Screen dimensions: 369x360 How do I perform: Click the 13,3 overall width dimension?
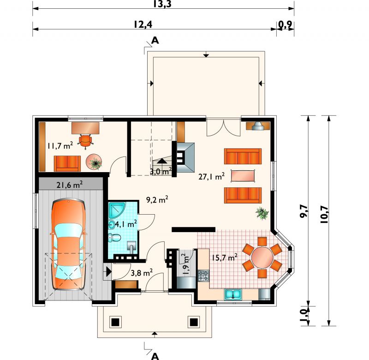pyautogui.click(x=162, y=4)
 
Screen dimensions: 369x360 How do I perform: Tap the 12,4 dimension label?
pyautogui.click(x=143, y=24)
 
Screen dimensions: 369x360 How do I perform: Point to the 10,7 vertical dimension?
pyautogui.click(x=324, y=214)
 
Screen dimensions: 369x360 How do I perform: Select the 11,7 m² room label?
pyautogui.click(x=60, y=146)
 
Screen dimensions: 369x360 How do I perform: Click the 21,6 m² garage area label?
pyautogui.click(x=70, y=185)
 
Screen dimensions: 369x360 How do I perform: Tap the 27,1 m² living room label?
pyautogui.click(x=211, y=176)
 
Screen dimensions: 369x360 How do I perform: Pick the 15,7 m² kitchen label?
pyautogui.click(x=224, y=258)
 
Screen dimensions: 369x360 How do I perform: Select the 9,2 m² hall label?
pyautogui.click(x=157, y=200)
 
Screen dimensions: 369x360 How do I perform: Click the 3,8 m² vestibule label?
pyautogui.click(x=142, y=273)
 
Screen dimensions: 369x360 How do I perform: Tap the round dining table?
pyautogui.click(x=262, y=257)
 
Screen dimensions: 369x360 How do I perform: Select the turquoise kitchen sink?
pyautogui.click(x=233, y=294)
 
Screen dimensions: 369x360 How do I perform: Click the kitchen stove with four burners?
pyautogui.click(x=203, y=276)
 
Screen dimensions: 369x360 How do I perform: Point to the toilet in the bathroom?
pyautogui.click(x=114, y=238)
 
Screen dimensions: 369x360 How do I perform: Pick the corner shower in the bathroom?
pyautogui.click(x=117, y=210)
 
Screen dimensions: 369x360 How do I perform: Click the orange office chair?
pyautogui.click(x=85, y=141)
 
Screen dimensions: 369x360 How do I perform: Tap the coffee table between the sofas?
pyautogui.click(x=243, y=176)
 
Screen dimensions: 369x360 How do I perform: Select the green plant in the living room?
pyautogui.click(x=262, y=213)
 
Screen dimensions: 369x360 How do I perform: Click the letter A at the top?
pyautogui.click(x=155, y=41)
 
